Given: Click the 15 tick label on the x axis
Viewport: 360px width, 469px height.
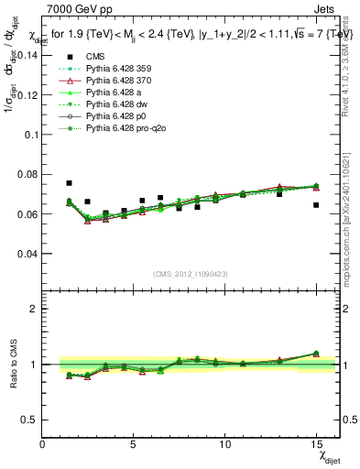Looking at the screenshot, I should click(316, 445).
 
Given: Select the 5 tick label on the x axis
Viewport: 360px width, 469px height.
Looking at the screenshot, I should click(134, 445).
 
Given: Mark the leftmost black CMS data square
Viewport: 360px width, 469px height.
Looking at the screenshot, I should click(70, 183).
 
